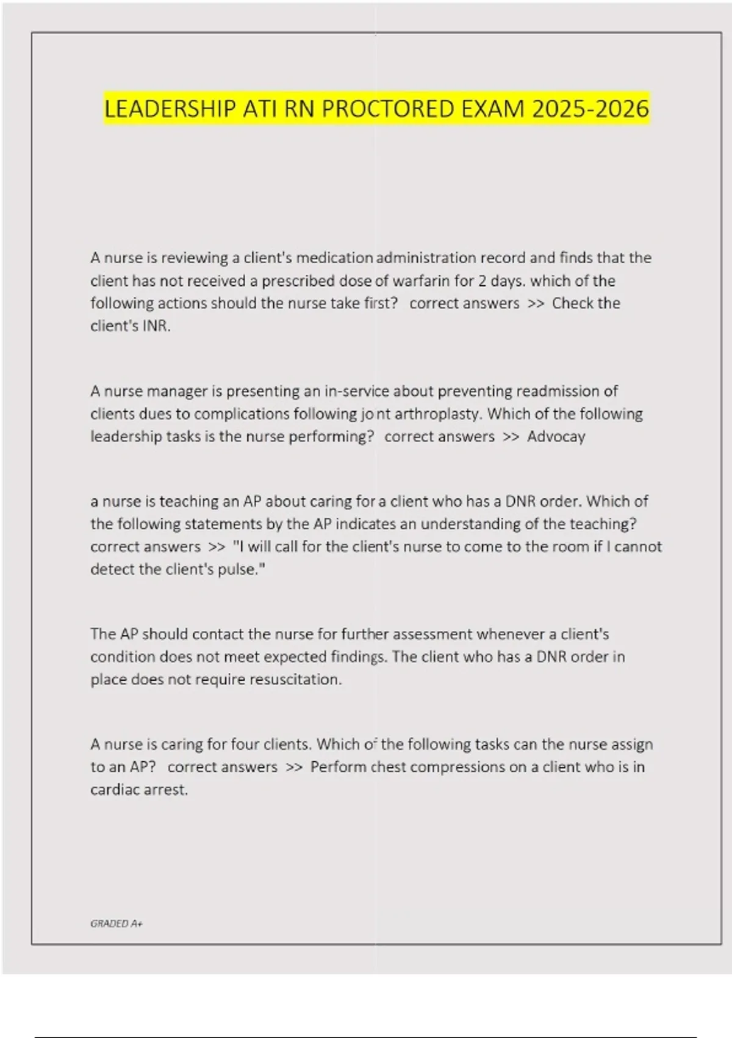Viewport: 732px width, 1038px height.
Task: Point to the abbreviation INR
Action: click(x=156, y=326)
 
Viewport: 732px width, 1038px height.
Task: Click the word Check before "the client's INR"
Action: click(x=571, y=303)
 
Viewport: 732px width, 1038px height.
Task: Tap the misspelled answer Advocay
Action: click(x=556, y=437)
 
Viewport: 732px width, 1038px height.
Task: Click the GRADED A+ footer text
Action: click(x=116, y=924)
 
